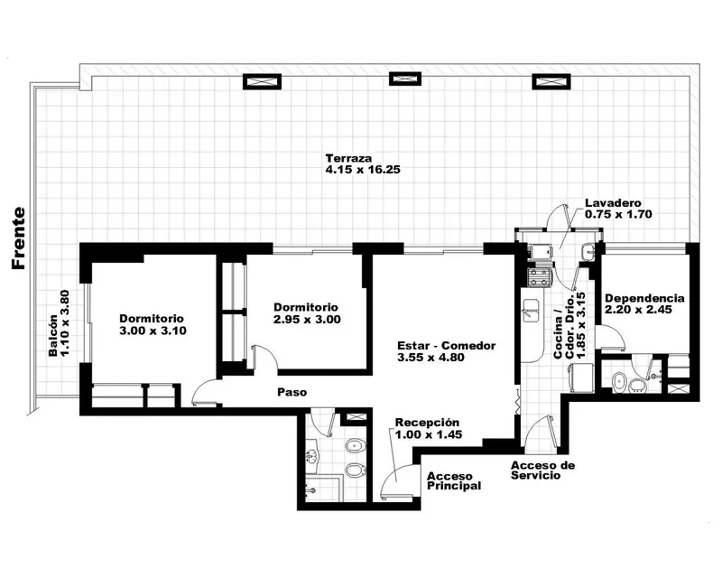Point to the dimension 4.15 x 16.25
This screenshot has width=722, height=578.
pos(363,170)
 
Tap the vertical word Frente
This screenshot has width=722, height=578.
pos(19,238)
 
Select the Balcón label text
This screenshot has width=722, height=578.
pos(53,336)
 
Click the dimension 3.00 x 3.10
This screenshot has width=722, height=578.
pos(153,331)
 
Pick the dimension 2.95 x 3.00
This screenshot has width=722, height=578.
pos(307,320)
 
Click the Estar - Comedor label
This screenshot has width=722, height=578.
pos(446,346)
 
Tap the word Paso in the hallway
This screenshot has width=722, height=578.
pos(292,392)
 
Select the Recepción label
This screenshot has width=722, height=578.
pos(427,423)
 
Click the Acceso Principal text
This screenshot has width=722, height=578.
pos(454,480)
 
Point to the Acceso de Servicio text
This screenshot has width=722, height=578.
pos(543,471)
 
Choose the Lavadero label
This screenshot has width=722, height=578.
pos(613,203)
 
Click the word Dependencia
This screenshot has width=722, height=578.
pos(644,298)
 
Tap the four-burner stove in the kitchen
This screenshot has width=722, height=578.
pos(538,276)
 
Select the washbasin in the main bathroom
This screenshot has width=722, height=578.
pos(313,455)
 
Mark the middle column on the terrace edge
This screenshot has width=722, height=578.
pos(405,79)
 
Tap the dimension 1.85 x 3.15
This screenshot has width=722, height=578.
pos(580,325)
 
